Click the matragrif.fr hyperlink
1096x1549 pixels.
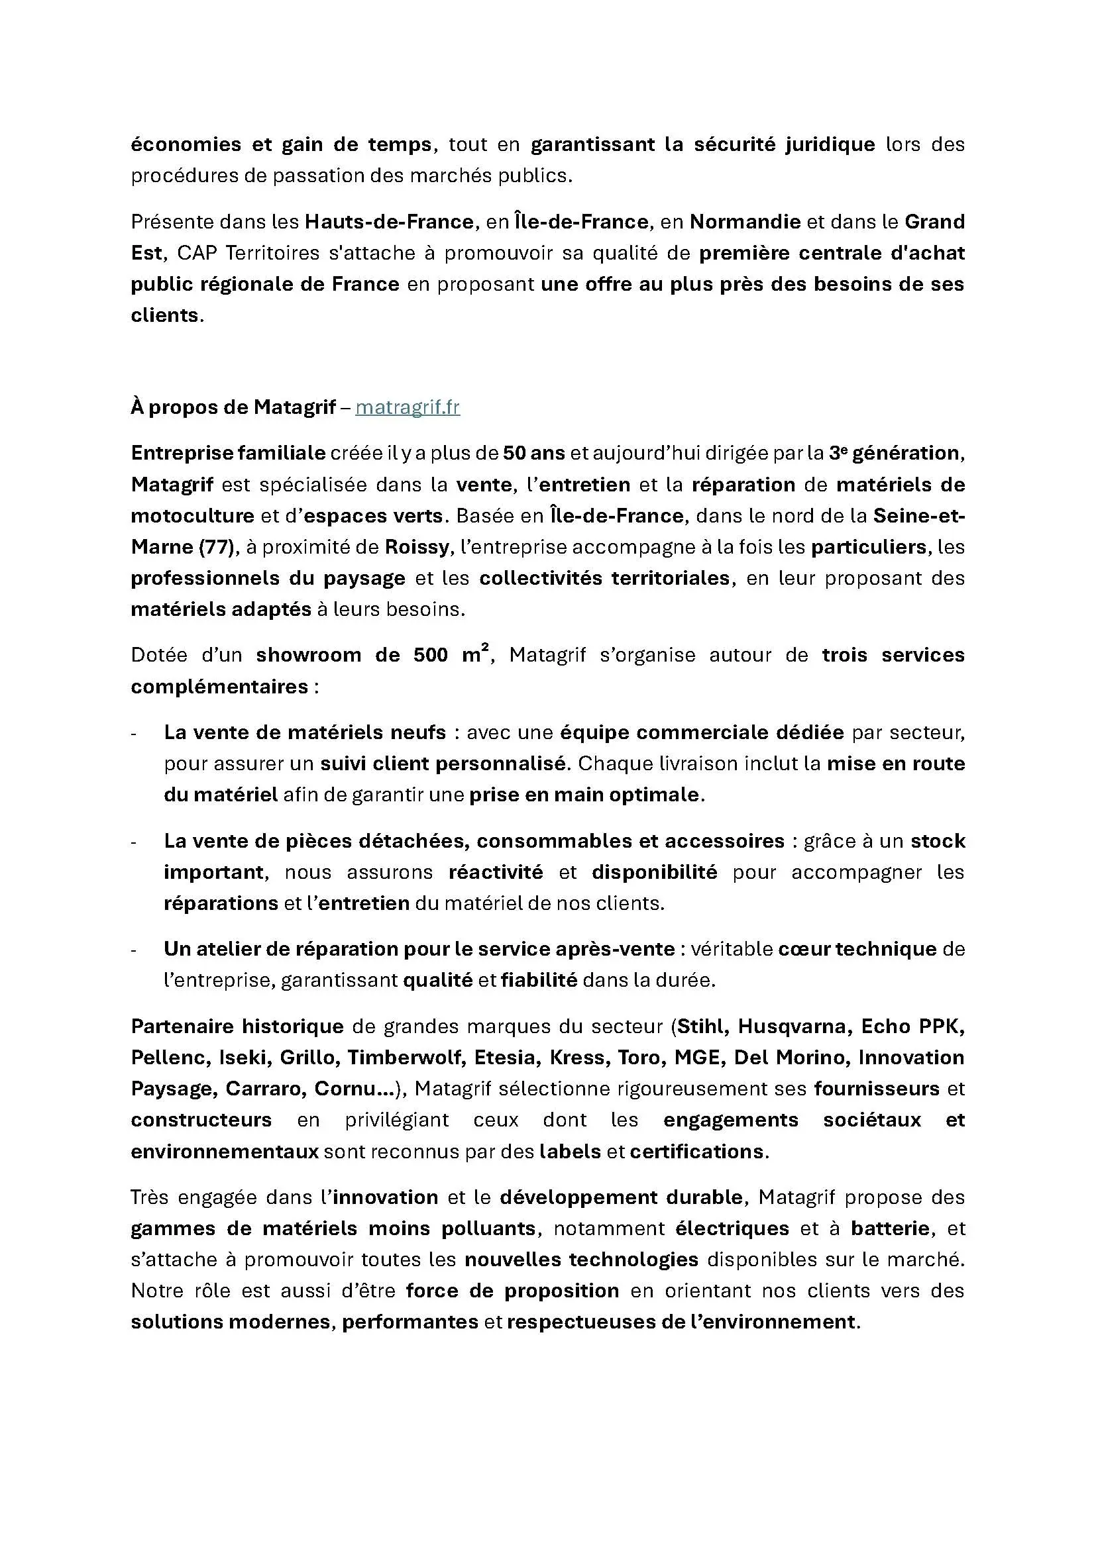click(408, 407)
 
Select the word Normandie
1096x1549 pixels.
click(745, 222)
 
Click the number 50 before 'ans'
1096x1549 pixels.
click(514, 453)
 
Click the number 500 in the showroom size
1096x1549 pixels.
click(431, 655)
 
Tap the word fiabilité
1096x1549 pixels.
click(539, 979)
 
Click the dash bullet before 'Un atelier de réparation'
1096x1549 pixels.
click(135, 950)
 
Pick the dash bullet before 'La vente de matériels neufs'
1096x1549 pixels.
click(135, 733)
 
